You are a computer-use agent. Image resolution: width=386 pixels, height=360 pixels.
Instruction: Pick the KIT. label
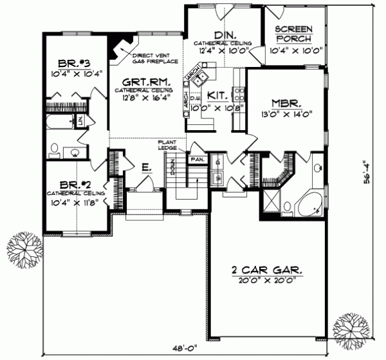[218, 96]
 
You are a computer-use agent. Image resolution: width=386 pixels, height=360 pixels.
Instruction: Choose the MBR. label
[284, 103]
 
